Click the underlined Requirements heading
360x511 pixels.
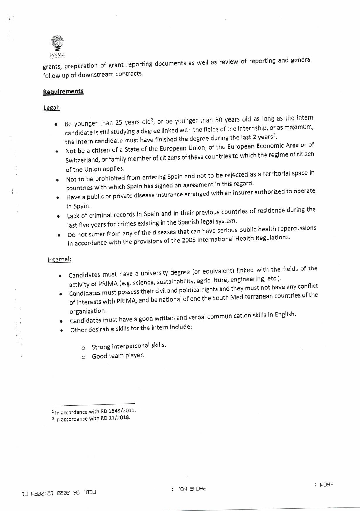click(x=63, y=91)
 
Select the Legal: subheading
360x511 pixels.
click(x=51, y=108)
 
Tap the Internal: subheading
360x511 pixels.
click(x=59, y=260)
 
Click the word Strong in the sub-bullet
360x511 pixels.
click(x=101, y=347)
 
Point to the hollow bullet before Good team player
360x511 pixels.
click(x=83, y=357)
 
